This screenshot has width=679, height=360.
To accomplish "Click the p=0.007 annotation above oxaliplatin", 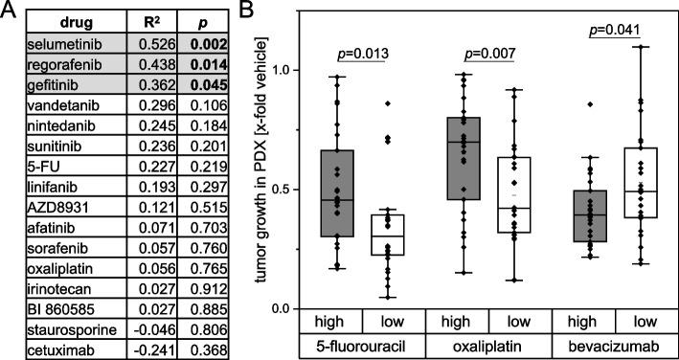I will tap(489, 52).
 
